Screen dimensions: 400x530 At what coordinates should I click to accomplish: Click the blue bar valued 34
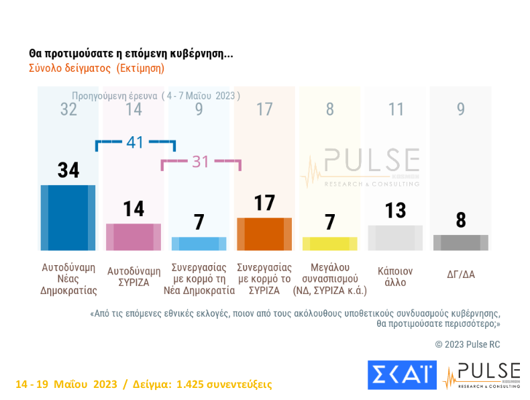click(68, 217)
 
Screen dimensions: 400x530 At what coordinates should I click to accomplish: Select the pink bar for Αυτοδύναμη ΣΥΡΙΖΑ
click(134, 237)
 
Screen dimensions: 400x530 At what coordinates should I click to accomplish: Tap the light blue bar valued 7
click(199, 244)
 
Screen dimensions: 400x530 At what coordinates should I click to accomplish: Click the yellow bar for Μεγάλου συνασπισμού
click(329, 244)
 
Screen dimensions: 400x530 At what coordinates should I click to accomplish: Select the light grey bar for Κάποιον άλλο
click(395, 238)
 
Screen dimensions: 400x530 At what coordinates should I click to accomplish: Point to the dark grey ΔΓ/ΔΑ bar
click(460, 242)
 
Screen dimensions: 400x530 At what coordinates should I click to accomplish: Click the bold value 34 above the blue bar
click(68, 170)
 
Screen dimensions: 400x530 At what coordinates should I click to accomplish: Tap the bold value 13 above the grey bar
click(395, 211)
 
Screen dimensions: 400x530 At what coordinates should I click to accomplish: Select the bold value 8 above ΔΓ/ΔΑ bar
click(460, 221)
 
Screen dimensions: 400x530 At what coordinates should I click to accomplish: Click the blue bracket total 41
click(135, 142)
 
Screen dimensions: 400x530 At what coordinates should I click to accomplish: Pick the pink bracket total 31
click(201, 161)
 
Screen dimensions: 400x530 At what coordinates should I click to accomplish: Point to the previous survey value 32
click(68, 109)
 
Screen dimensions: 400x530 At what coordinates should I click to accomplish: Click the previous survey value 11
click(396, 109)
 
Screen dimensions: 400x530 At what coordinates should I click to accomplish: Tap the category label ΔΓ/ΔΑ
click(461, 274)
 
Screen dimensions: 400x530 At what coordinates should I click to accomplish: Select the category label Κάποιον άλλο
click(395, 277)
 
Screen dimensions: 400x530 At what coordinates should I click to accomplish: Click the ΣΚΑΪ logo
click(402, 375)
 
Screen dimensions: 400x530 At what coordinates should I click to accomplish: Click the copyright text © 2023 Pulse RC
click(468, 344)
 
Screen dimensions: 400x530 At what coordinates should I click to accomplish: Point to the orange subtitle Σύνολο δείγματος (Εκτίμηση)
click(97, 68)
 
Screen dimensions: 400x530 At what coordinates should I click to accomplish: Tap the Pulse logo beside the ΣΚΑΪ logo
click(481, 375)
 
